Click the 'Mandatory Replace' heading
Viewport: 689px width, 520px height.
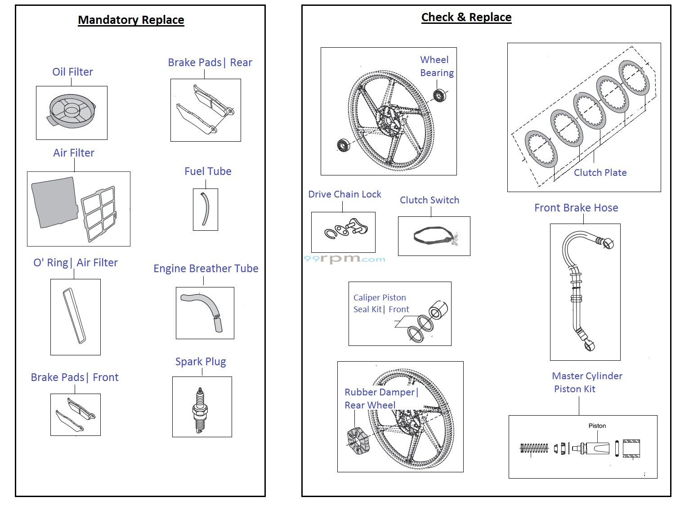[x=131, y=20]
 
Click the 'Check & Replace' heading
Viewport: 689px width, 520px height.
[x=466, y=18]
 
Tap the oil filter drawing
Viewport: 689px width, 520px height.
[x=71, y=111]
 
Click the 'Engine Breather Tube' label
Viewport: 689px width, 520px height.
[x=206, y=269]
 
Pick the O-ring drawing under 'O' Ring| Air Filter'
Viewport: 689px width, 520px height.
[x=75, y=316]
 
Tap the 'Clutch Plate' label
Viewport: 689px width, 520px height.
[x=600, y=173]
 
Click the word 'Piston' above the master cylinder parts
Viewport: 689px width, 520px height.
[x=597, y=426]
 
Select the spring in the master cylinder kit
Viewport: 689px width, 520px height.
[x=534, y=448]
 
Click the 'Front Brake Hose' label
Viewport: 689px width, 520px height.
[x=576, y=208]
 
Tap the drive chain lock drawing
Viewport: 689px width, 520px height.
[x=347, y=230]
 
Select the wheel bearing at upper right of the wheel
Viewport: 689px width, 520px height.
[x=439, y=95]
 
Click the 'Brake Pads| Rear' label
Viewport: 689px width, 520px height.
[x=210, y=63]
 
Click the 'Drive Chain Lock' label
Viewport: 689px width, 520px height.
[x=344, y=194]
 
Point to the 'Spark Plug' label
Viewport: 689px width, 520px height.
[x=201, y=362]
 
